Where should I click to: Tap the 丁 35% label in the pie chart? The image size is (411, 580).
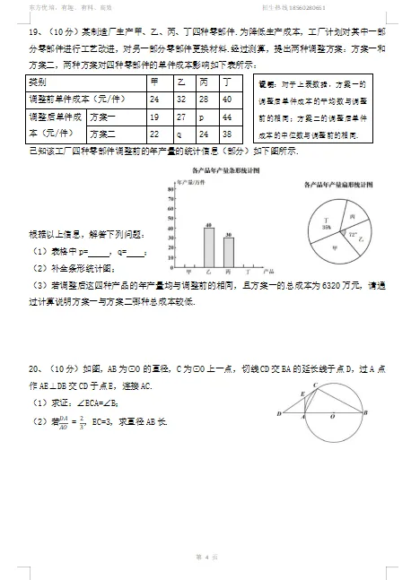tap(316, 227)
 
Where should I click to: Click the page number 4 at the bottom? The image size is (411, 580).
tap(205, 558)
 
